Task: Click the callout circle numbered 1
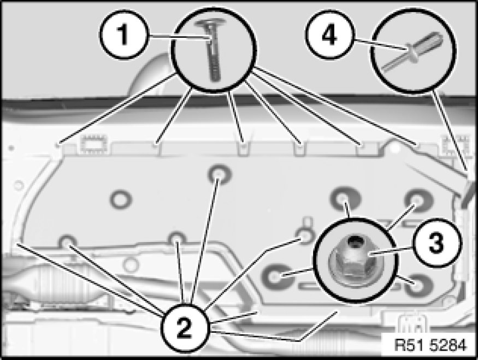(x=123, y=34)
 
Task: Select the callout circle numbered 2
(x=185, y=329)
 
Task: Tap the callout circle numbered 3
(x=437, y=243)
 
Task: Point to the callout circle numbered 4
(x=329, y=35)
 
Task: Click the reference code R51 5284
(x=430, y=345)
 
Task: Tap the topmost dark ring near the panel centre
(x=220, y=175)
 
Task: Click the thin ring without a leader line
(x=121, y=199)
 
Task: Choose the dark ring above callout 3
(x=418, y=200)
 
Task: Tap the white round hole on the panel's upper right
(x=395, y=148)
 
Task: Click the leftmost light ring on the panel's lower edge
(x=68, y=241)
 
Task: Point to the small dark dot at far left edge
(x=11, y=148)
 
